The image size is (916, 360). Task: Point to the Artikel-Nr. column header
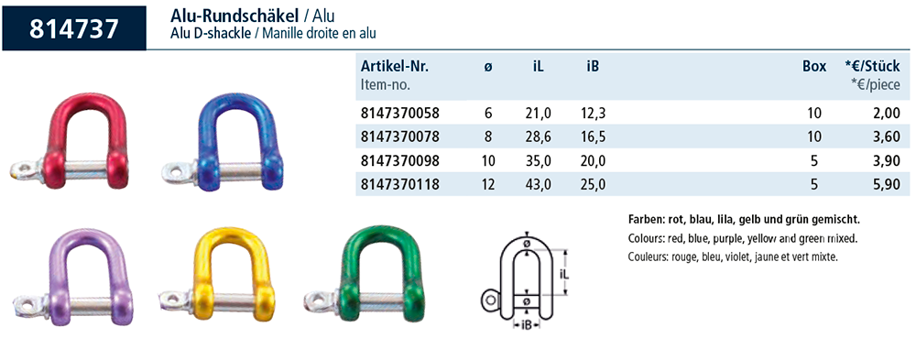[x=395, y=67]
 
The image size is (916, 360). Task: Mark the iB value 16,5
[x=594, y=136]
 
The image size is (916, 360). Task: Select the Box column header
[x=814, y=67]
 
